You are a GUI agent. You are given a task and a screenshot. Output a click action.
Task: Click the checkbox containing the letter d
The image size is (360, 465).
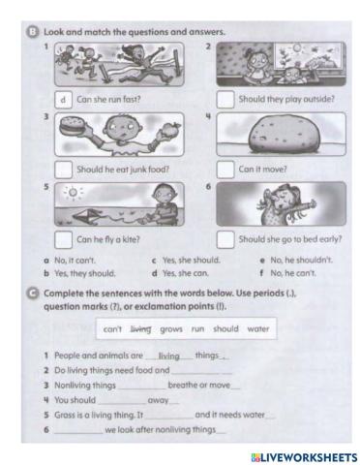tap(61, 99)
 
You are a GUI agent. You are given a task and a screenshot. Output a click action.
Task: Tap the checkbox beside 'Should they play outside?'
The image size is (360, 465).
tap(225, 99)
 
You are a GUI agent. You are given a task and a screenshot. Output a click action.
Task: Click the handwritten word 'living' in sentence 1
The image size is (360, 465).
tap(169, 356)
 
